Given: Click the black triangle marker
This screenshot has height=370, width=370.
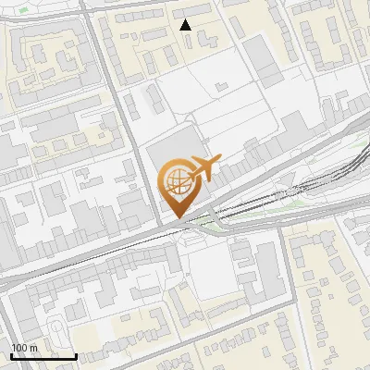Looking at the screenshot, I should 186,25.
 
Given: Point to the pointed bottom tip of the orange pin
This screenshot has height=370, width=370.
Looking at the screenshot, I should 179,218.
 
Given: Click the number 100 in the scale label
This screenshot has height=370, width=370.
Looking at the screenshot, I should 19,347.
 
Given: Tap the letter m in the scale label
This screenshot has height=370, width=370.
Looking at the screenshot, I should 33,347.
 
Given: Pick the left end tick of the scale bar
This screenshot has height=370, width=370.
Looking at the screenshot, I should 10,355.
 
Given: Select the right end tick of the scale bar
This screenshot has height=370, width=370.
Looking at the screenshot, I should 76,355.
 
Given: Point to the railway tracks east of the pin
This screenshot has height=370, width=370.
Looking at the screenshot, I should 277,200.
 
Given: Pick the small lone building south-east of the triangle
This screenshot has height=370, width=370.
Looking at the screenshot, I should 220,87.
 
